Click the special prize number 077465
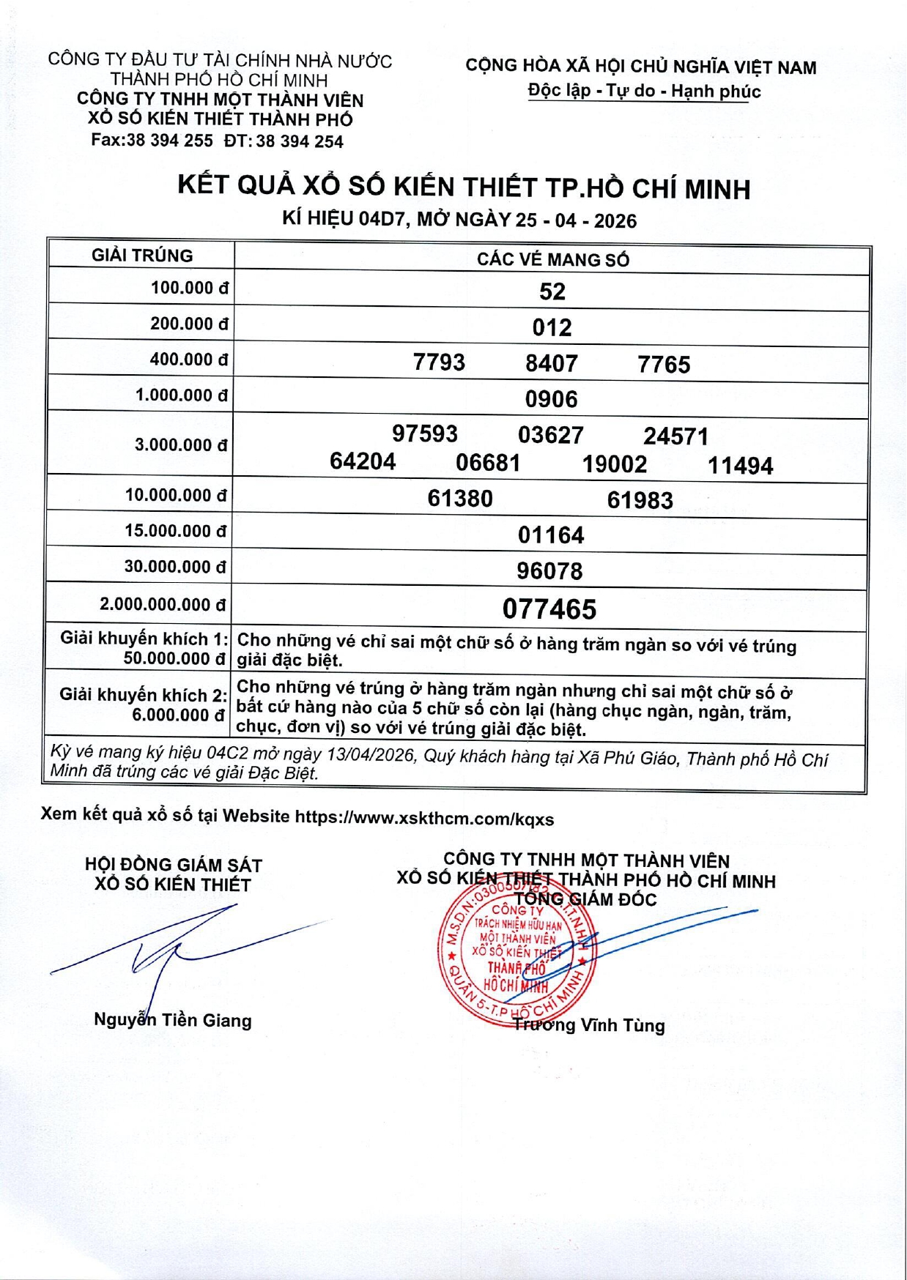[x=549, y=609]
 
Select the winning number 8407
[x=552, y=363]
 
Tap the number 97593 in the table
[x=425, y=434]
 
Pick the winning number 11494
[x=740, y=466]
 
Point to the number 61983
[x=640, y=500]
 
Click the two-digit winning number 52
[x=552, y=291]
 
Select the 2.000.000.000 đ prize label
[x=163, y=605]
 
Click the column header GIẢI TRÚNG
[x=142, y=256]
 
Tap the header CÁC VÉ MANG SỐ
[x=552, y=259]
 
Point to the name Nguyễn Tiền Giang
[x=173, y=1020]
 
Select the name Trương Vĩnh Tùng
[x=589, y=1025]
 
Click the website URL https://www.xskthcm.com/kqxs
[x=424, y=819]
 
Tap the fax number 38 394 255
[x=169, y=141]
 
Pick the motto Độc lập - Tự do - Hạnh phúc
[x=644, y=92]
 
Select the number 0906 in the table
[x=552, y=399]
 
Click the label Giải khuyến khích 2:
[x=143, y=694]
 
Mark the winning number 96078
[x=549, y=571]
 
